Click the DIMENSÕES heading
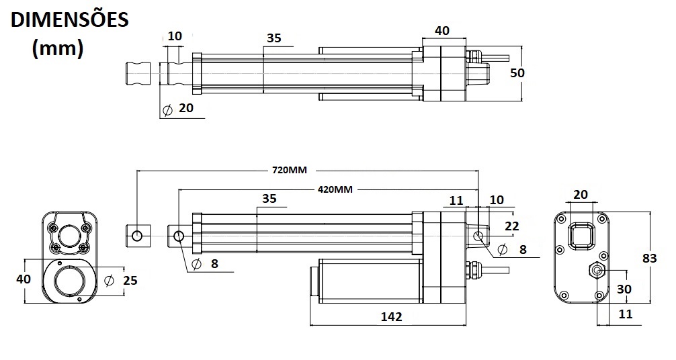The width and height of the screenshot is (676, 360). (x=69, y=19)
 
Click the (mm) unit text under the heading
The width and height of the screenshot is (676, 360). (x=58, y=48)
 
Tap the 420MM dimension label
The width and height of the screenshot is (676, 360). (x=334, y=189)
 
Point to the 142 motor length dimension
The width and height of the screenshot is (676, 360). (x=390, y=316)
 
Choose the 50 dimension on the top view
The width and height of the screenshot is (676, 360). (x=517, y=73)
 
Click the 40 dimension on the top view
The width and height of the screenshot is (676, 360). (x=441, y=31)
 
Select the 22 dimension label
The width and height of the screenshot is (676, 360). (x=511, y=226)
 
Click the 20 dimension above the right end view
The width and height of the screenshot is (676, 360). (x=581, y=195)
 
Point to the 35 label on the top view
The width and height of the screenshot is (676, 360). (x=273, y=38)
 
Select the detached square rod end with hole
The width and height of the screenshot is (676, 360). (x=137, y=236)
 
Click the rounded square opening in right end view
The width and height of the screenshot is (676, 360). (x=581, y=236)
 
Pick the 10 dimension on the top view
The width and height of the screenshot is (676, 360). (x=175, y=36)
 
